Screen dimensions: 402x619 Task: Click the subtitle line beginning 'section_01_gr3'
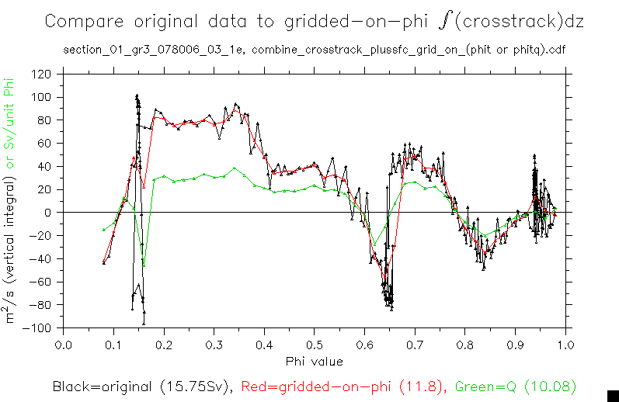click(314, 52)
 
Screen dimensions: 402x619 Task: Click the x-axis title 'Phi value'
click(314, 361)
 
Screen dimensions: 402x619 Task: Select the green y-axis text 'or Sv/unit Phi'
click(11, 124)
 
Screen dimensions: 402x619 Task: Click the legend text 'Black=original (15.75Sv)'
click(144, 386)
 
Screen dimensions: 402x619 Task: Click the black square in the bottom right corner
click(612, 395)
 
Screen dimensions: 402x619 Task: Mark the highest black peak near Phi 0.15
click(137, 96)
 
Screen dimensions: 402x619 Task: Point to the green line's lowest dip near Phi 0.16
click(144, 265)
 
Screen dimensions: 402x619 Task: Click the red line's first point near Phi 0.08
click(103, 262)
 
